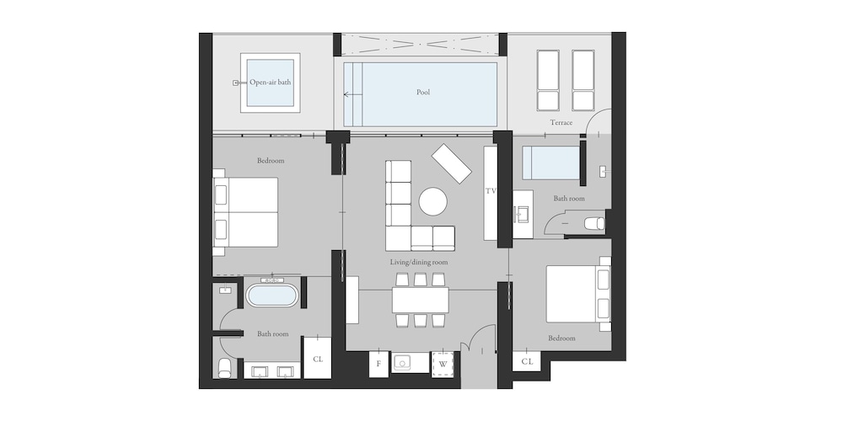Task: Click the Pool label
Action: [x=423, y=93]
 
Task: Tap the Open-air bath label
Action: [x=270, y=83]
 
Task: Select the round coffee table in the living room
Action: [x=432, y=201]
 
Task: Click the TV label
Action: [x=491, y=190]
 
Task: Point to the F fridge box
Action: [x=379, y=364]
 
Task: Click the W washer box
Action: [x=443, y=364]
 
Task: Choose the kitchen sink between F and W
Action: [x=401, y=364]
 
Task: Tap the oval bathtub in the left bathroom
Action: [x=272, y=296]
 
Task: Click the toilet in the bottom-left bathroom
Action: [x=225, y=369]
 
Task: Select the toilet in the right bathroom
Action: [x=594, y=223]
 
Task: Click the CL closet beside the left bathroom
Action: [x=318, y=358]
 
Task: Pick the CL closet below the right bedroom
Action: [x=527, y=361]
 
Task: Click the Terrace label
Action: [x=561, y=122]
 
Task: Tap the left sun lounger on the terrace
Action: [x=548, y=81]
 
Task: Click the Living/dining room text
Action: [x=419, y=263]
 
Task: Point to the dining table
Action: [x=421, y=300]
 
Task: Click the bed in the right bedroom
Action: [x=578, y=294]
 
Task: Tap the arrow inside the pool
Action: [x=352, y=95]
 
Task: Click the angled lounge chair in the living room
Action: [x=452, y=163]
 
